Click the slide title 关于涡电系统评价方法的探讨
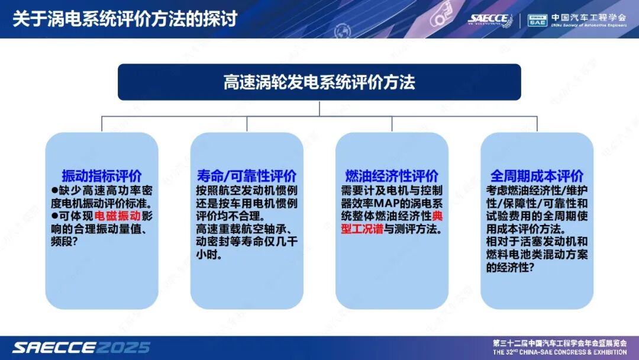tap(125, 18)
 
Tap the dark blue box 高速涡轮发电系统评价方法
tap(319, 82)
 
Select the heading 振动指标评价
tap(102, 176)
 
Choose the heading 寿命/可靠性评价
tap(247, 176)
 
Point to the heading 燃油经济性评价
tap(392, 176)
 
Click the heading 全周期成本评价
tap(537, 176)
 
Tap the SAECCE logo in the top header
tap(488, 19)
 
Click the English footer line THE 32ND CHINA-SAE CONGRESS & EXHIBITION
tap(559, 352)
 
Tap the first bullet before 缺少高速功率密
tap(54, 190)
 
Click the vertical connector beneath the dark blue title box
tap(319, 108)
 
